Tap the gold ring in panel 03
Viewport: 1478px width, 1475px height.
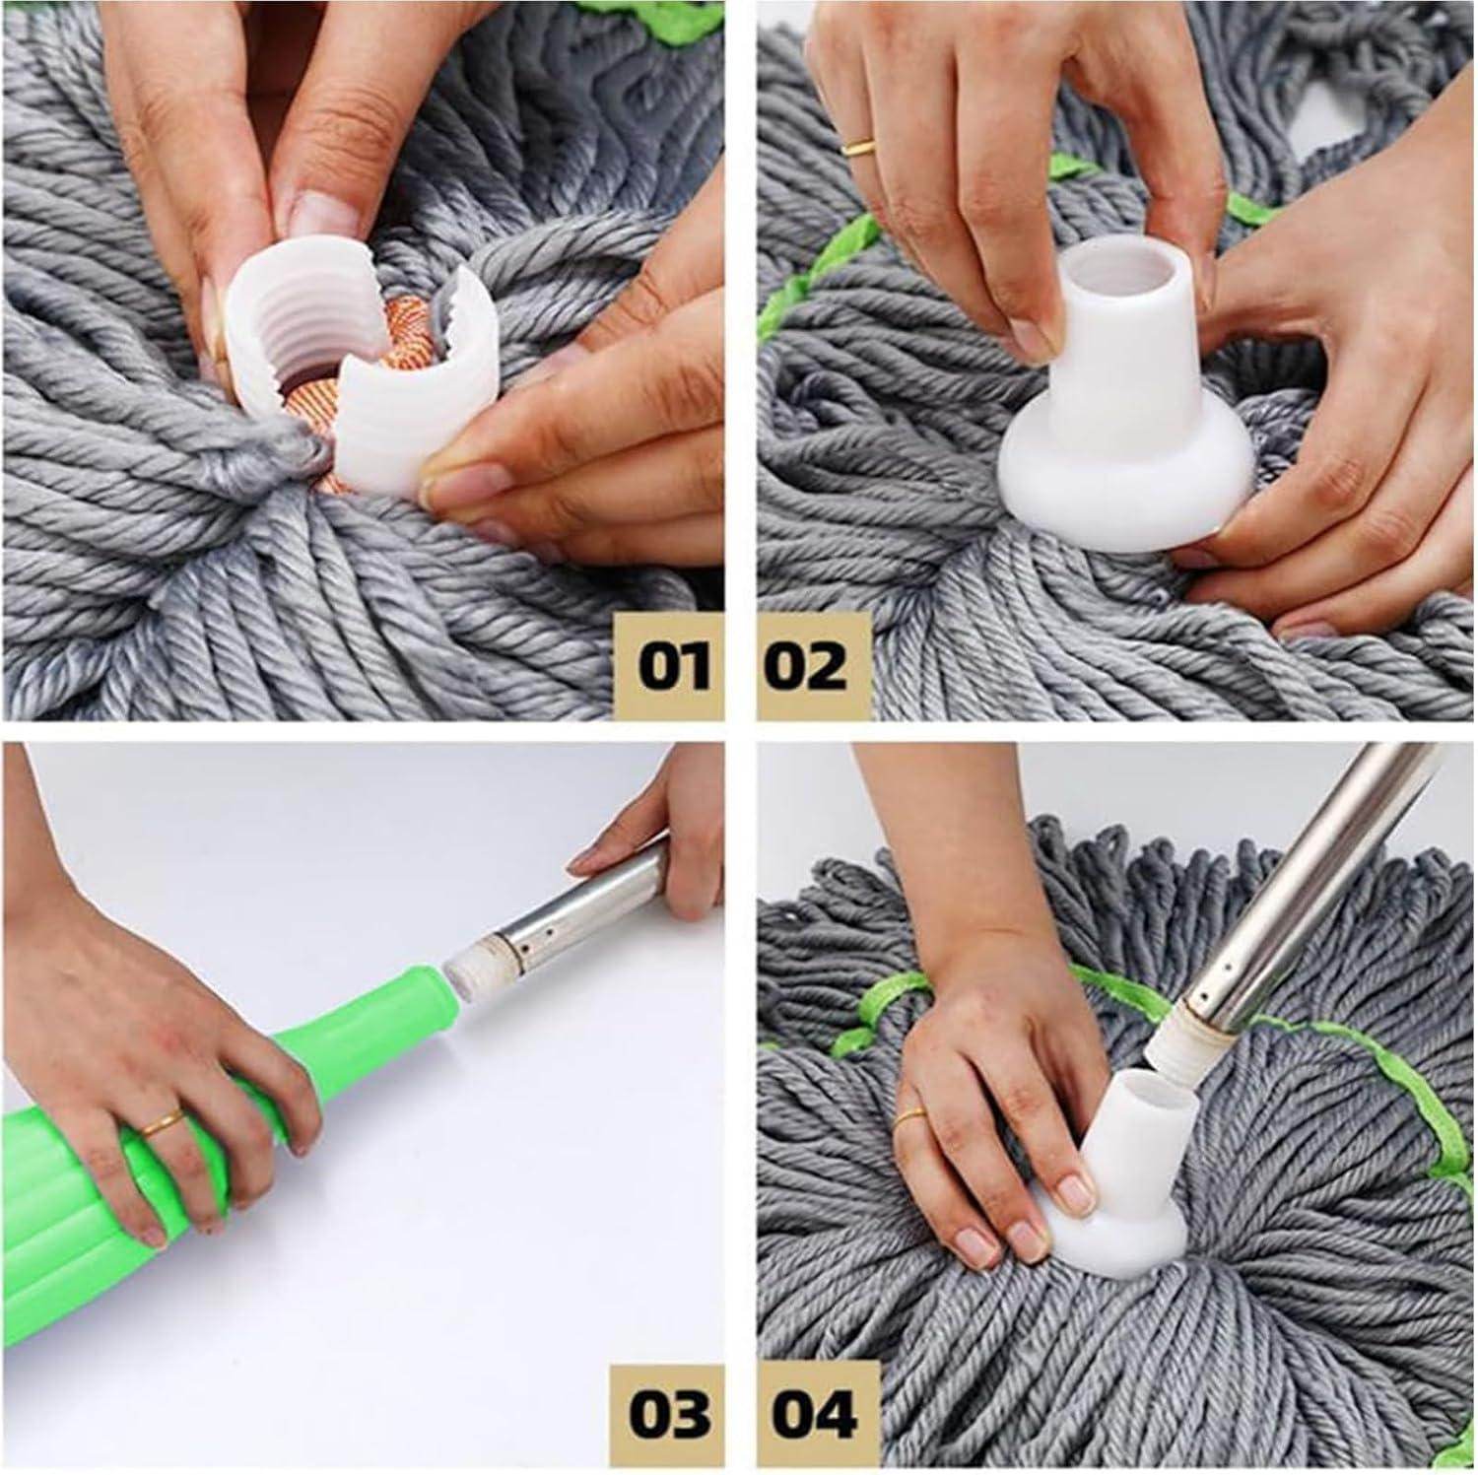point(161,1122)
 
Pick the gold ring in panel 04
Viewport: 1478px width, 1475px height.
point(912,1117)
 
